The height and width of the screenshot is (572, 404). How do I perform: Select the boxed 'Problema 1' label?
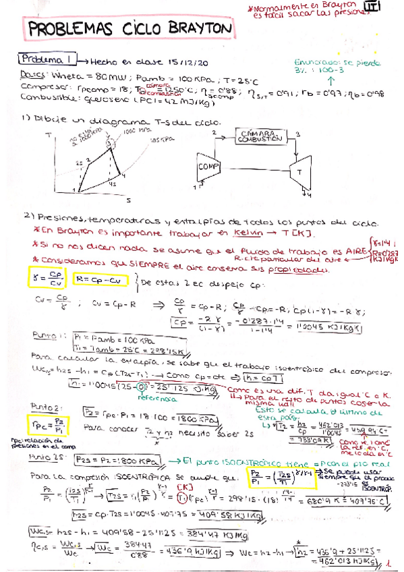point(49,59)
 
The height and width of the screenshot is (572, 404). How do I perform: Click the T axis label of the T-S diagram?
point(49,135)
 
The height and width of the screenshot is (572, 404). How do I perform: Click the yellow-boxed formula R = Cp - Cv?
point(104,277)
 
